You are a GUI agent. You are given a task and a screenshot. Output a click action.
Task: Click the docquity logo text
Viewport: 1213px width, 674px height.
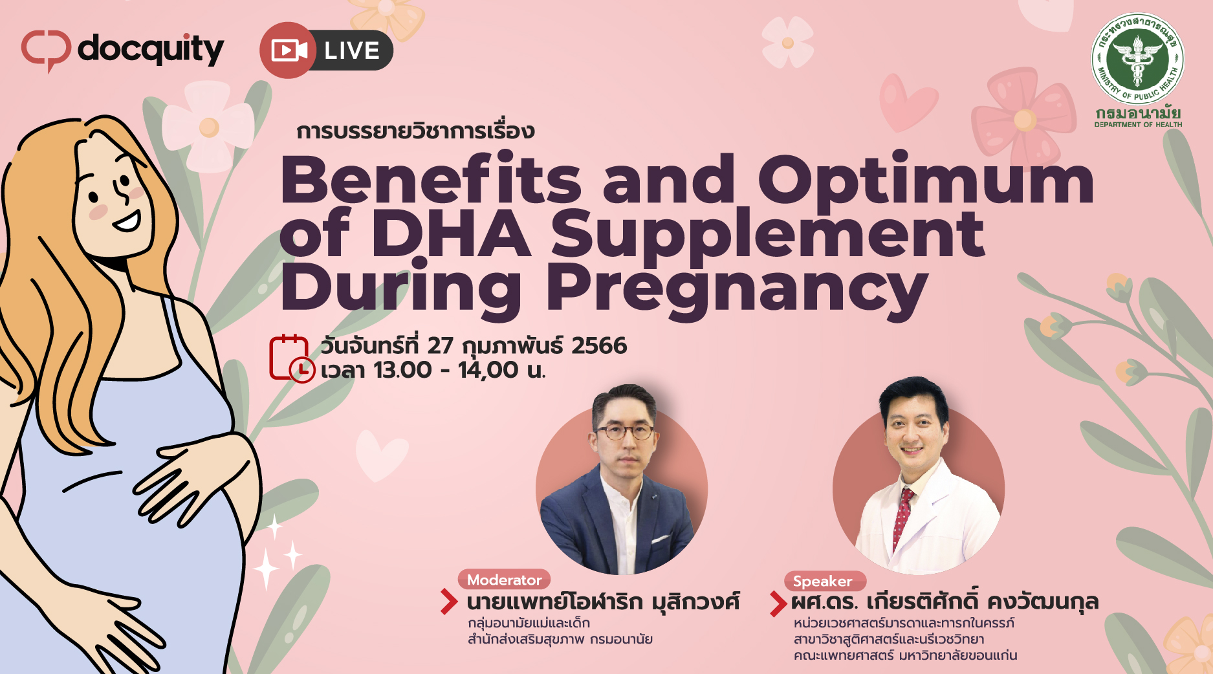pyautogui.click(x=151, y=49)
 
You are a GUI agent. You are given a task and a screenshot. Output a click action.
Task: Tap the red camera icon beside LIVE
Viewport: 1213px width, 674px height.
pyautogui.click(x=289, y=50)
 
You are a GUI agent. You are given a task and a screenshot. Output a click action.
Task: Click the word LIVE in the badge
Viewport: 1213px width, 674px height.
pyautogui.click(x=352, y=50)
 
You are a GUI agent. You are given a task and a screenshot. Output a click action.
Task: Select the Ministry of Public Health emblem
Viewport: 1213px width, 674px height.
pyautogui.click(x=1138, y=59)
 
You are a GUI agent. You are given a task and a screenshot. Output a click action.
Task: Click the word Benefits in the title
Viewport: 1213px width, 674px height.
pyautogui.click(x=431, y=179)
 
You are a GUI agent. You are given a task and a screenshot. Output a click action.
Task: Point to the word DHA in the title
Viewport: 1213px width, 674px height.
pyautogui.click(x=451, y=233)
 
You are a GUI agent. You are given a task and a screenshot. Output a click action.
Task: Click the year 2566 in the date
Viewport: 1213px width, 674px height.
pyautogui.click(x=599, y=346)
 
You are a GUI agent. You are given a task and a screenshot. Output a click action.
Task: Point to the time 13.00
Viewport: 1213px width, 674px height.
pyautogui.click(x=402, y=370)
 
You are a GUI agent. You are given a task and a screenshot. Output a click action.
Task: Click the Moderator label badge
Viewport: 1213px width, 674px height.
pyautogui.click(x=505, y=580)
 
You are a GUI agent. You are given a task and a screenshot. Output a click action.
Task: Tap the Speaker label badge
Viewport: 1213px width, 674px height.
pyautogui.click(x=824, y=581)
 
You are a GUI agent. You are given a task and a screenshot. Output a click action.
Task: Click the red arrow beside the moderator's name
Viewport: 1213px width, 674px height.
pyautogui.click(x=449, y=601)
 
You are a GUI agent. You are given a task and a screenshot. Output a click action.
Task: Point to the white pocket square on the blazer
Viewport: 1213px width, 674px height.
pyautogui.click(x=660, y=539)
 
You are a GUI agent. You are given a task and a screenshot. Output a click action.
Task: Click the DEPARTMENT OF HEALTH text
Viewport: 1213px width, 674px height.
pyautogui.click(x=1138, y=124)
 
